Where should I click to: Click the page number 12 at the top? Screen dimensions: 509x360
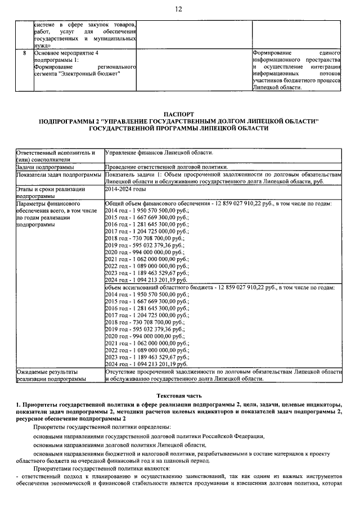(x=179, y=10)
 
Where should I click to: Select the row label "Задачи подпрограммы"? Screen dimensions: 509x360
(x=48, y=168)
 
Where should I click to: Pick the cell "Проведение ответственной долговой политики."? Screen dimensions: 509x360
(x=166, y=168)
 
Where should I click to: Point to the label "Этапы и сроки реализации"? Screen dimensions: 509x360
(x=51, y=190)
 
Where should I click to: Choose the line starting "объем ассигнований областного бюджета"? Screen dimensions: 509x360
(x=219, y=287)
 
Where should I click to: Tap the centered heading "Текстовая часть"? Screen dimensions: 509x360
(x=179, y=396)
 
